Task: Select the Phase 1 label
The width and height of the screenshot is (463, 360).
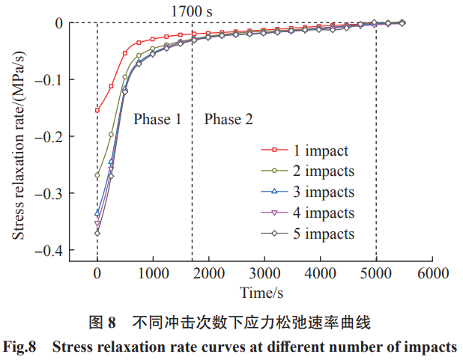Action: pos(157,119)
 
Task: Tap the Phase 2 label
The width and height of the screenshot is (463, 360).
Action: pos(229,119)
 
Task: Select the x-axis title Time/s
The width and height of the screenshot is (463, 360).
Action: pos(264,291)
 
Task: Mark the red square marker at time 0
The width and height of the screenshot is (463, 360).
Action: pos(97,110)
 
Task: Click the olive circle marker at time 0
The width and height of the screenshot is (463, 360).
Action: pos(97,175)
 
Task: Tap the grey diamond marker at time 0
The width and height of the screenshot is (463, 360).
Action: pos(97,233)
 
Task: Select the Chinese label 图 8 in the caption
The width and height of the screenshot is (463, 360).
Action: pos(103,323)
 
